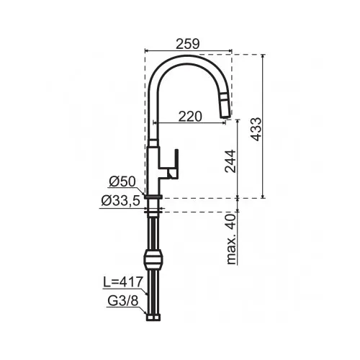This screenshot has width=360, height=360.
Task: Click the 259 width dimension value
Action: (x=188, y=44)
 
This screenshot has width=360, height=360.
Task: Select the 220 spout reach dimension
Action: (x=190, y=117)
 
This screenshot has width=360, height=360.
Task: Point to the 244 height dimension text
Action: (x=230, y=161)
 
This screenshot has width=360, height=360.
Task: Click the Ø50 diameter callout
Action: (x=122, y=181)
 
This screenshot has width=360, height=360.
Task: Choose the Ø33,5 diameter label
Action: (x=120, y=201)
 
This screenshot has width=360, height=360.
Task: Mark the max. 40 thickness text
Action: (x=231, y=239)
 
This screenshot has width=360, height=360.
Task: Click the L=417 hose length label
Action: (x=123, y=282)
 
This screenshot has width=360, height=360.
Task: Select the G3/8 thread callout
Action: (x=123, y=301)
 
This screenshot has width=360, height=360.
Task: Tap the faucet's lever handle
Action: (x=174, y=164)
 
